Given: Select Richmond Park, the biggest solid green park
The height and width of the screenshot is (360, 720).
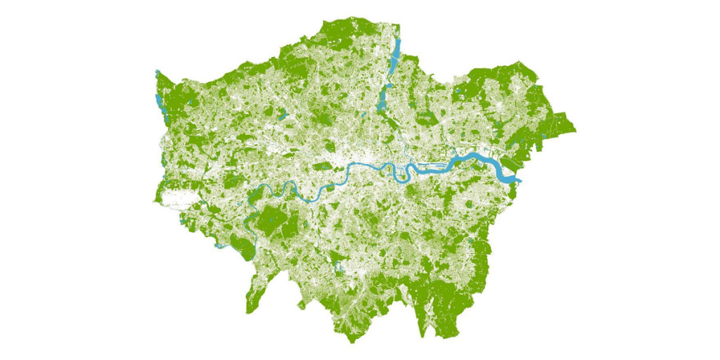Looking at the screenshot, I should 271,221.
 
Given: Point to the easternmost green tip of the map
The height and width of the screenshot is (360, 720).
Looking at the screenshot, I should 573,131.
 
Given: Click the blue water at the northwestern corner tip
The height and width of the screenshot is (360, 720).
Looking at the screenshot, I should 157,73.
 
